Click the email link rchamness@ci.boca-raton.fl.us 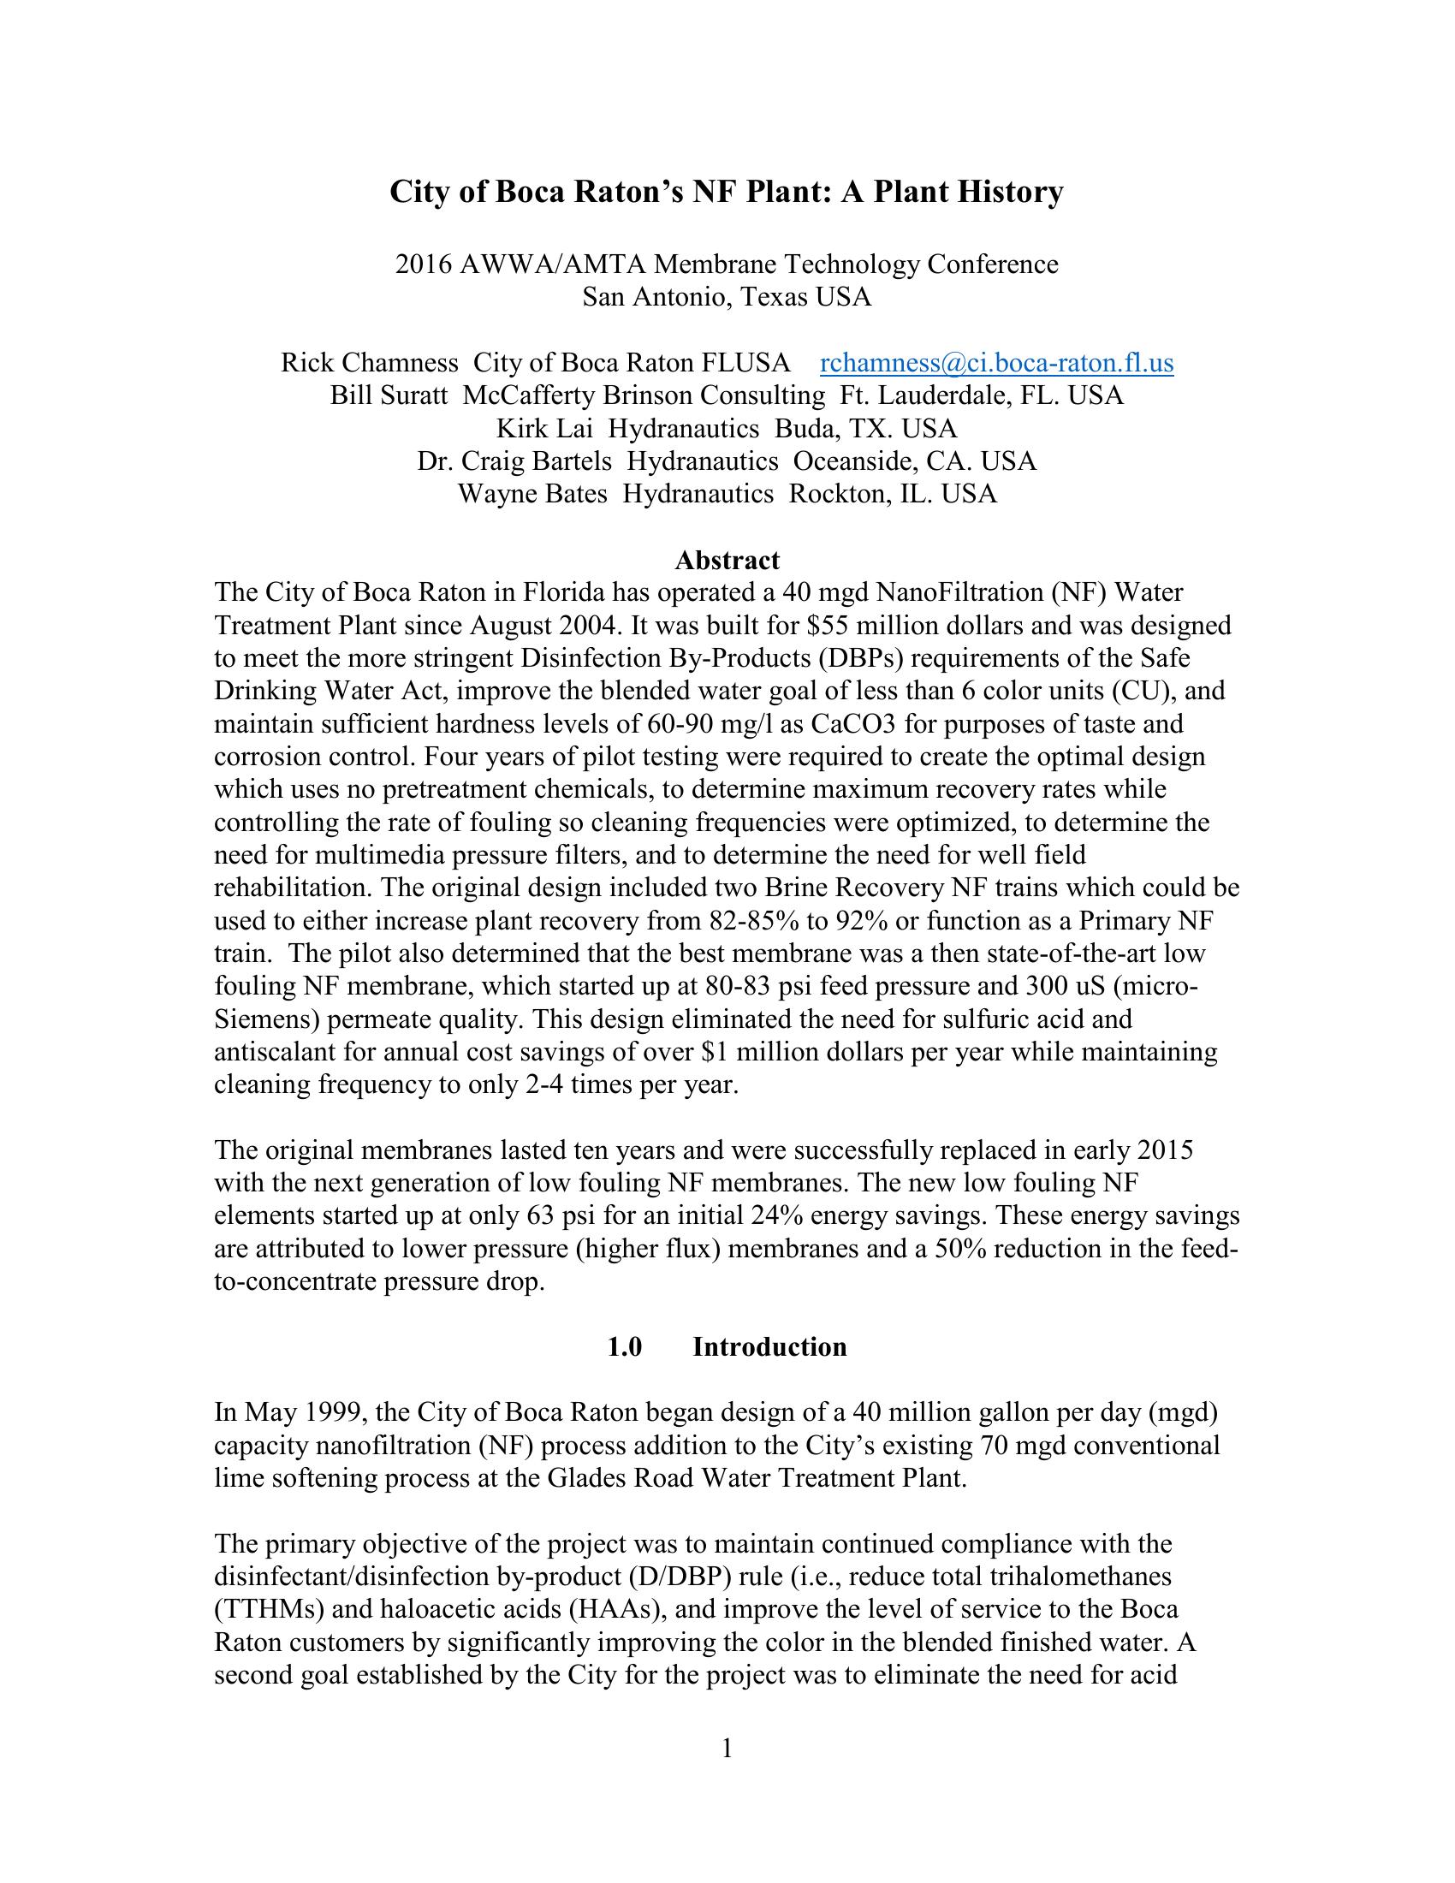[x=995, y=363]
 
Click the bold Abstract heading [x=727, y=561]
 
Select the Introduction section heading [x=769, y=1346]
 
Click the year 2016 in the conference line [x=423, y=264]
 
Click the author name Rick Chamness [x=369, y=363]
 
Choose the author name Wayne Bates [x=532, y=494]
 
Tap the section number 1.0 [x=625, y=1346]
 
